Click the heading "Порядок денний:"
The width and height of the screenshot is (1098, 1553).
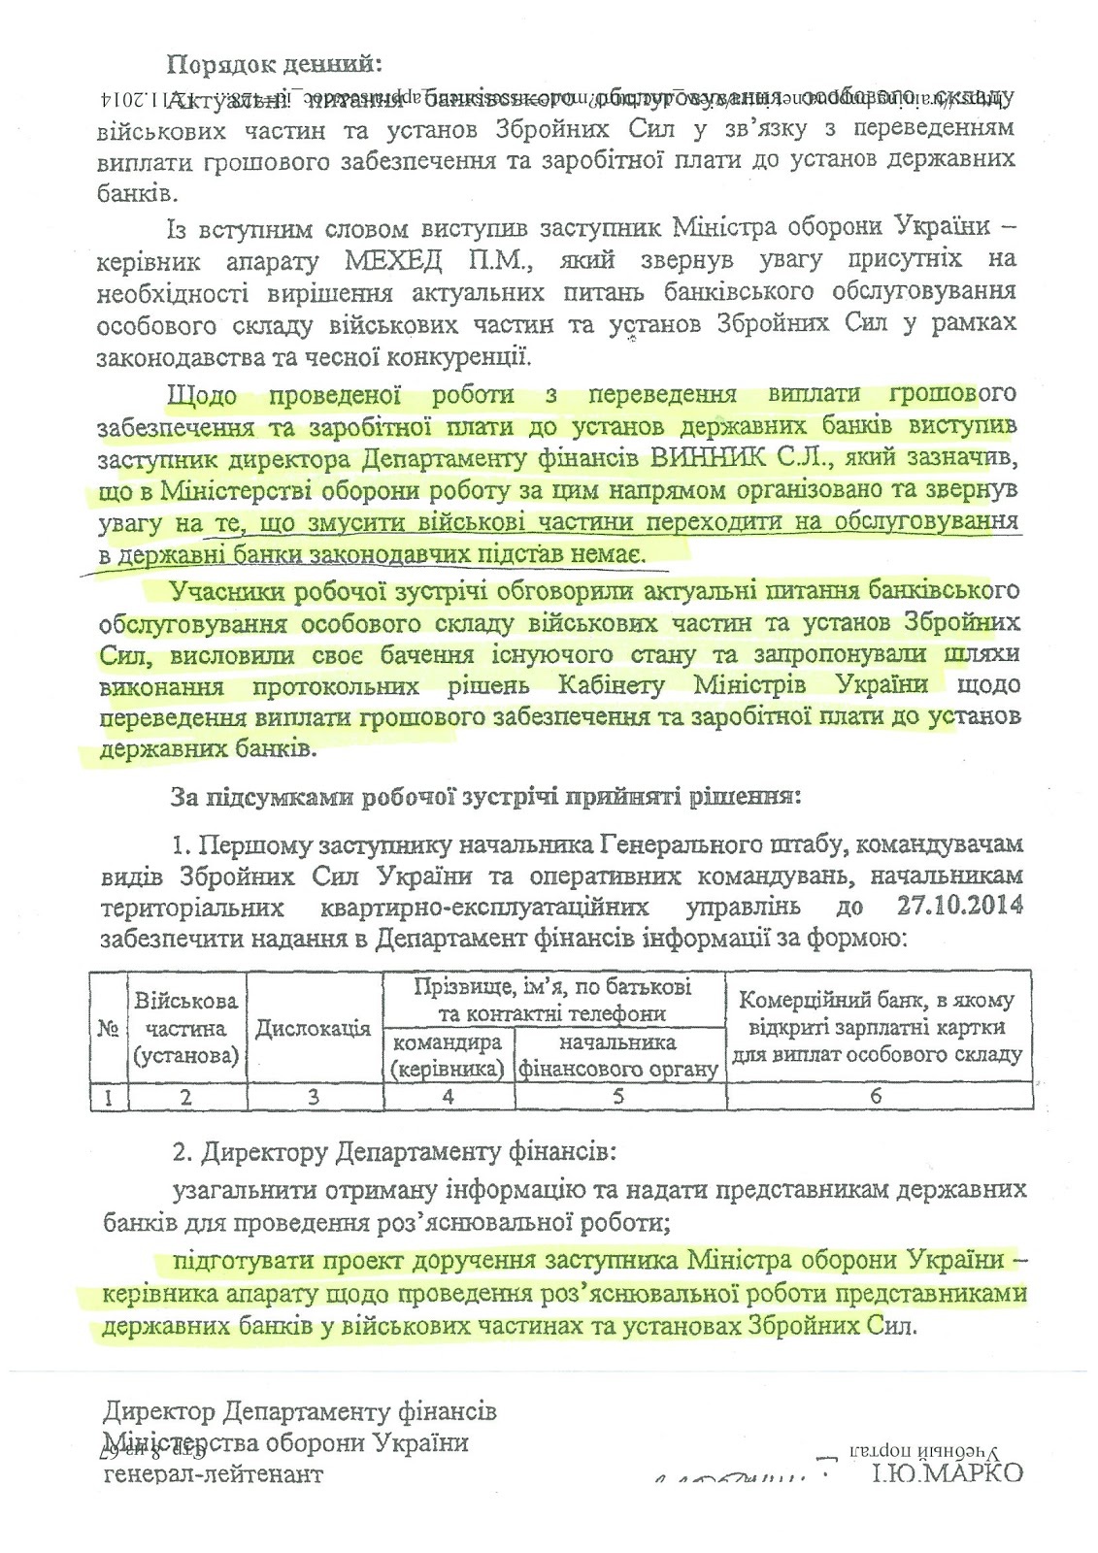click(277, 65)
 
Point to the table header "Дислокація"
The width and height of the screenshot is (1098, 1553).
click(313, 1028)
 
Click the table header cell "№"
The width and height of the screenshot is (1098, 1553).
click(108, 1028)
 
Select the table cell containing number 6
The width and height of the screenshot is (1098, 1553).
click(876, 1096)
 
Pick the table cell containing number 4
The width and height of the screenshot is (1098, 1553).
click(448, 1096)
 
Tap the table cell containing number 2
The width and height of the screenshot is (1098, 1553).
click(186, 1096)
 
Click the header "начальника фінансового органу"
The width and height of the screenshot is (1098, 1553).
click(619, 1056)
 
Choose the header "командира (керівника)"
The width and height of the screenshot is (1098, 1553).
click(447, 1056)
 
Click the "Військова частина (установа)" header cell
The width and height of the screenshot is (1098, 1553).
click(186, 1028)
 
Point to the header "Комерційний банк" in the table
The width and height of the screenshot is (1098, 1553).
click(877, 1001)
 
